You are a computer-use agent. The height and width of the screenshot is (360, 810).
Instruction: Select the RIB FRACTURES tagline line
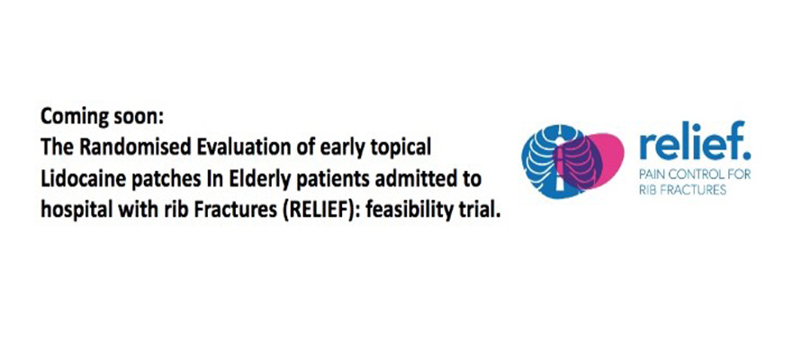[683, 190]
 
